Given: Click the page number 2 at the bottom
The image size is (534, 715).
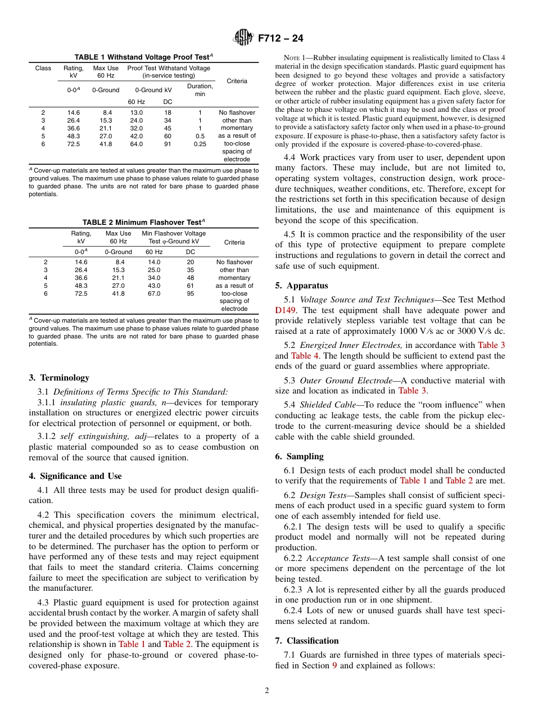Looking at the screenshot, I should [x=267, y=691].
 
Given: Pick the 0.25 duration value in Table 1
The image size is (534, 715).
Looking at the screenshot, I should [x=200, y=144].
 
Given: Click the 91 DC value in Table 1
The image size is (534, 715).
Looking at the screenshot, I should [x=168, y=144].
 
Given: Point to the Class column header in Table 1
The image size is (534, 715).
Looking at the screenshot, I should [x=43, y=68].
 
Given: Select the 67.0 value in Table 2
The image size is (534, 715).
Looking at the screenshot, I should [x=154, y=293].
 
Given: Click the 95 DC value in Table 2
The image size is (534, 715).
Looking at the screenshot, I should [x=191, y=293].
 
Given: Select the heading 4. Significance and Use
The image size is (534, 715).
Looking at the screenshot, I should [x=75, y=476].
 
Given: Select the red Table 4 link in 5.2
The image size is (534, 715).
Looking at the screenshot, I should [x=304, y=356].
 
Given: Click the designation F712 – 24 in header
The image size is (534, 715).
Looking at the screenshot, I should [x=280, y=38].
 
